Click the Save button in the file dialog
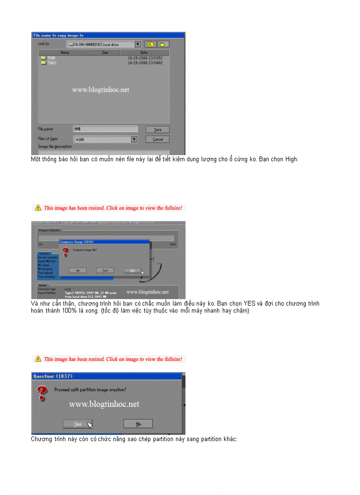157,130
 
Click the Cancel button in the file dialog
157,139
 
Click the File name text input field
105,129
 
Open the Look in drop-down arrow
138,45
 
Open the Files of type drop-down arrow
135,139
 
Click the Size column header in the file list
105,52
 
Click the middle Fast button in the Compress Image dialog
105,270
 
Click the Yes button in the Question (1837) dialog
78,424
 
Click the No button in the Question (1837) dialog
138,424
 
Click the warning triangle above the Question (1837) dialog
38,359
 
